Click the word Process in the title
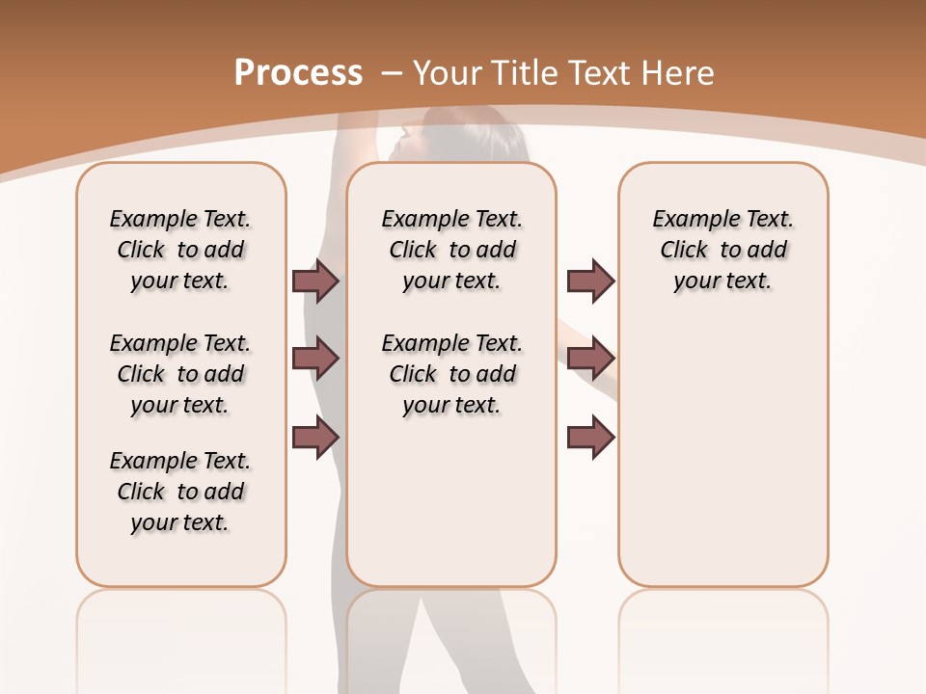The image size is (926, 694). [x=298, y=73]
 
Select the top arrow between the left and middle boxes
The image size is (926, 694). [x=315, y=280]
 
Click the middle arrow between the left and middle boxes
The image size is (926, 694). [x=315, y=359]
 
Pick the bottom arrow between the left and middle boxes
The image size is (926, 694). [x=315, y=436]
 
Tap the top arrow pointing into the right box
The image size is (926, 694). [x=590, y=280]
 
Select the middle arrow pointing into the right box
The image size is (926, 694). [x=590, y=359]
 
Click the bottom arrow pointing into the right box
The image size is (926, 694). [x=590, y=438]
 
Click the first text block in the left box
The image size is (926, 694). [x=180, y=250]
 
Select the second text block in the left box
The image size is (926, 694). [x=180, y=374]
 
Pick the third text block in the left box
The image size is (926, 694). [x=180, y=492]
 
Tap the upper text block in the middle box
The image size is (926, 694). [x=451, y=250]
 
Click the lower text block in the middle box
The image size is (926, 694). [x=451, y=374]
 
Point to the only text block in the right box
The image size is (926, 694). [x=722, y=250]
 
